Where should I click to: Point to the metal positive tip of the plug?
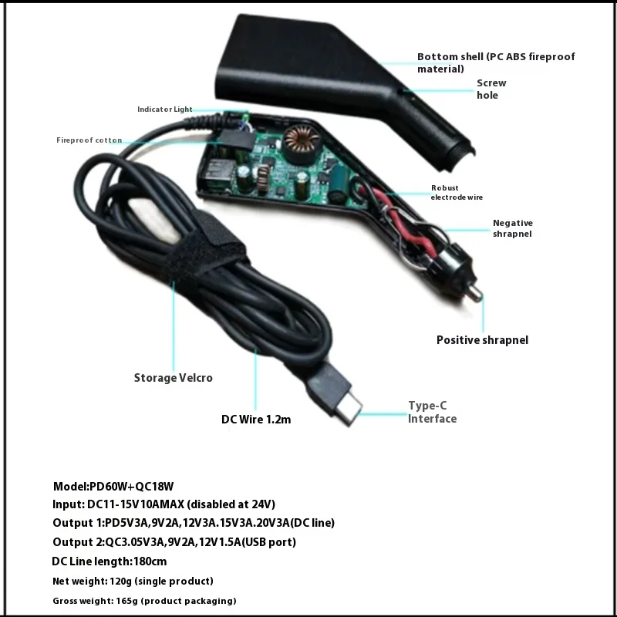coord(477,294)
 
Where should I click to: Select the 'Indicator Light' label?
coord(165,110)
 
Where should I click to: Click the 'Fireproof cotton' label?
coord(89,140)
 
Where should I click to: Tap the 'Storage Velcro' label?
coord(173,378)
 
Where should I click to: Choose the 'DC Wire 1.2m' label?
coord(256,420)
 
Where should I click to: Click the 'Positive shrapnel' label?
coord(482,340)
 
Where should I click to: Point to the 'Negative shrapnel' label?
coord(512,228)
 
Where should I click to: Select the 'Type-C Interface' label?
coord(432,413)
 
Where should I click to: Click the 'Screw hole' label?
coord(491,89)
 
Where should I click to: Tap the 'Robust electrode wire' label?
coord(457,192)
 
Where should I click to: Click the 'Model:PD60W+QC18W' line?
coord(113,486)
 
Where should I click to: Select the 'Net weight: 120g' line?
coord(133,581)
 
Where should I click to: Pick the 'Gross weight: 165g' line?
coord(144,601)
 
